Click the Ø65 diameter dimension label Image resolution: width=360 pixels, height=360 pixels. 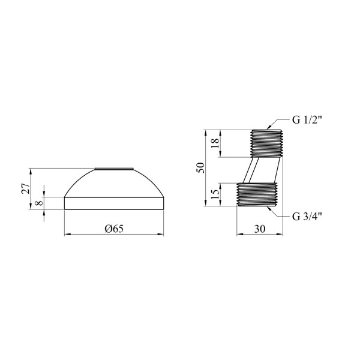pyautogui.click(x=114, y=229)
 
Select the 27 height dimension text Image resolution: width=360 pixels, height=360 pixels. pyautogui.click(x=26, y=189)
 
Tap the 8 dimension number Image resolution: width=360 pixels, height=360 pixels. pyautogui.click(x=39, y=203)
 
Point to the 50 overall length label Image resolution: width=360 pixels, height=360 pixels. pyautogui.click(x=200, y=167)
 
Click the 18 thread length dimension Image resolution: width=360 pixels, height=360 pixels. pyautogui.click(x=216, y=143)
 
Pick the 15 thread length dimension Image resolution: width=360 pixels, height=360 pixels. pyautogui.click(x=216, y=194)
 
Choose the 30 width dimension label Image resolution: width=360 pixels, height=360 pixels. pyautogui.click(x=260, y=229)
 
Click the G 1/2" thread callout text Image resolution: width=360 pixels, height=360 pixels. pyautogui.click(x=307, y=120)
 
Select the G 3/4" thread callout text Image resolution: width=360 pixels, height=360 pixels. pyautogui.click(x=307, y=216)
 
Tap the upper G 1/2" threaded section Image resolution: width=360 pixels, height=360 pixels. pyautogui.click(x=266, y=143)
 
